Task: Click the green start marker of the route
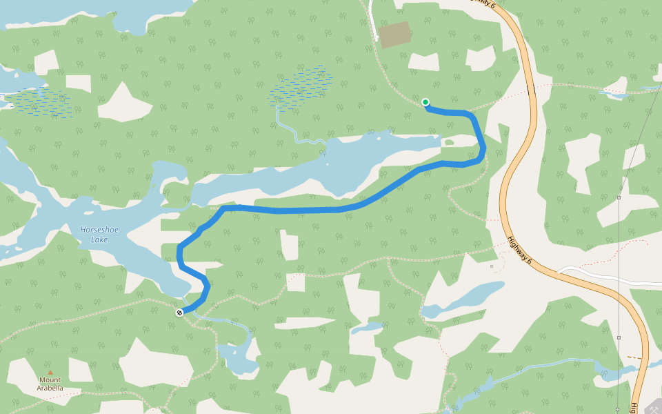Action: (425, 102)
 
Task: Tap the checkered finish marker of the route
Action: (179, 313)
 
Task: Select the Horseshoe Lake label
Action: (94, 235)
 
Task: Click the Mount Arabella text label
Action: (50, 384)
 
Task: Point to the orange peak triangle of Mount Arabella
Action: (50, 373)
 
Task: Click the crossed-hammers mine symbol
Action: (652, 408)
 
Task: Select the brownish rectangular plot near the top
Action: (395, 34)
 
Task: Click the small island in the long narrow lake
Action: (449, 143)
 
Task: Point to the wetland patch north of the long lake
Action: (301, 86)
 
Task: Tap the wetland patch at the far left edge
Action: (41, 102)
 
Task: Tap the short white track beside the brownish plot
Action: (372, 21)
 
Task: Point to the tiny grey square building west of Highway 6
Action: (492, 266)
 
